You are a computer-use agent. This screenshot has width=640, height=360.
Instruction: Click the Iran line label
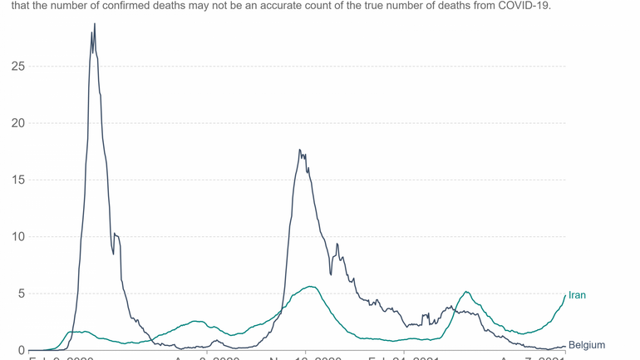point(577,295)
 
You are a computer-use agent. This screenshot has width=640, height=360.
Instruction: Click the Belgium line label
point(586,345)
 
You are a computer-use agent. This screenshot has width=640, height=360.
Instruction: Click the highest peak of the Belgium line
point(95,24)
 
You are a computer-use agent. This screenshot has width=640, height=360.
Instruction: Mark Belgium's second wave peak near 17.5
point(299,150)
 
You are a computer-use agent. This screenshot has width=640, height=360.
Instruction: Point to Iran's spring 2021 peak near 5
point(467,292)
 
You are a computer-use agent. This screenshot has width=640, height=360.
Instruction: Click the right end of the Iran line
point(565,295)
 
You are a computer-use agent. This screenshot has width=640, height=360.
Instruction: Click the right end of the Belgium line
point(565,346)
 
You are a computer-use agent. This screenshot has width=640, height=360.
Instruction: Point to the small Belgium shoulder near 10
point(117,235)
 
